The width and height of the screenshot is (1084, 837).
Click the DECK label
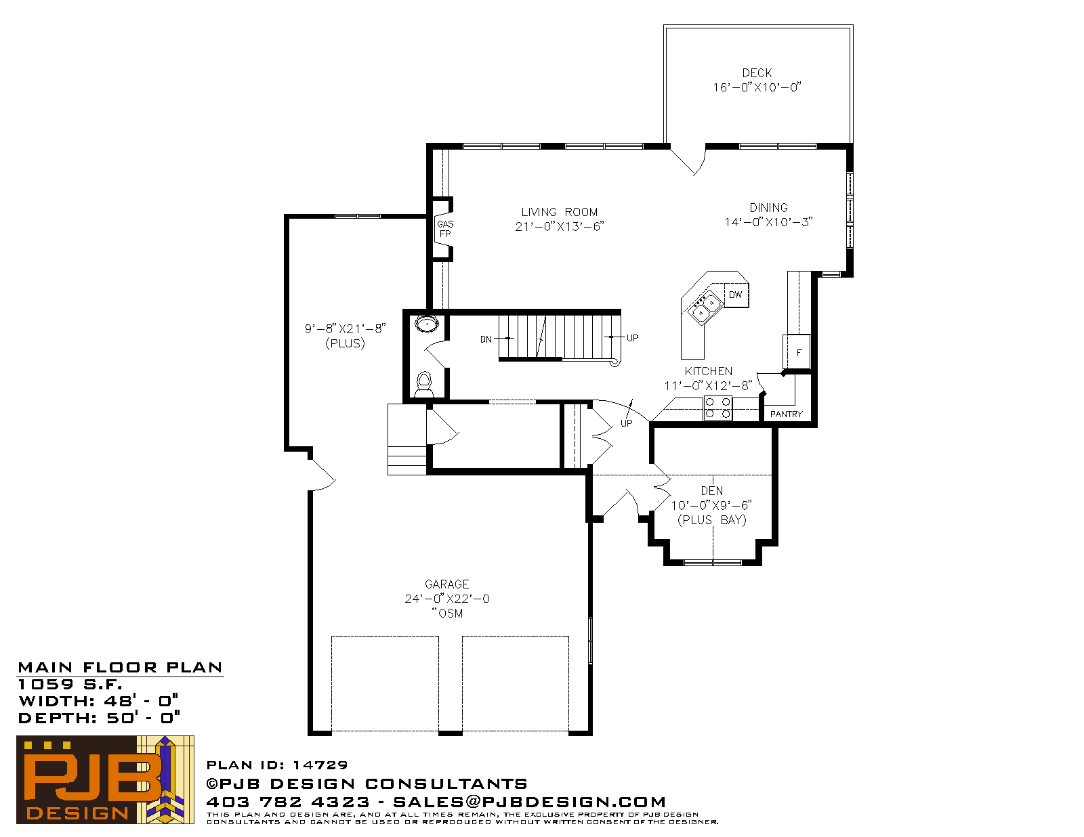[757, 73]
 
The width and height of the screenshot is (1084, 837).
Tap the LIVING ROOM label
[559, 213]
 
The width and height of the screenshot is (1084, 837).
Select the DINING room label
[768, 208]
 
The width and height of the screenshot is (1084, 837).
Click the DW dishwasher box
[736, 295]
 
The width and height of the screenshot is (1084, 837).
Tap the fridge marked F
[797, 352]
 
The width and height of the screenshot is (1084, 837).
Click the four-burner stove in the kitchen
[717, 408]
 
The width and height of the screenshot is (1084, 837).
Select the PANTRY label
[786, 414]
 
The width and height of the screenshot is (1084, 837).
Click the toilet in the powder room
[424, 385]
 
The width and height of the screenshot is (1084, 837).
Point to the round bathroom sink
[427, 324]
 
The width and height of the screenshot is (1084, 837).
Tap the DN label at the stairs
[486, 339]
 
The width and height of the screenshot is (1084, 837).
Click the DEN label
[711, 491]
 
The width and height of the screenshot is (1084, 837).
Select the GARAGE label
[447, 584]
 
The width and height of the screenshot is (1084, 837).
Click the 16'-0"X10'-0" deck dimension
[757, 88]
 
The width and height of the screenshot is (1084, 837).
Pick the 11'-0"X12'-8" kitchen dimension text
[708, 386]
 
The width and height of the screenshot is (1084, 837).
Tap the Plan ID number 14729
[320, 765]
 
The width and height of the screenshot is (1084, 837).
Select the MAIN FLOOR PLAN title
[120, 668]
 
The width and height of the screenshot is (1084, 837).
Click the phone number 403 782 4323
[288, 802]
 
